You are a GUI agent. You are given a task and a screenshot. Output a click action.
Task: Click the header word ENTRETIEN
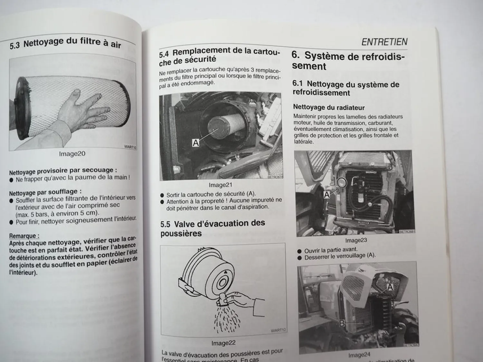tap(384, 42)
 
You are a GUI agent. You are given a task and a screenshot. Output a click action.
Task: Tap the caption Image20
tap(72, 154)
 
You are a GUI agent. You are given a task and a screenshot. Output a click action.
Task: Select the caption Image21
tap(220, 185)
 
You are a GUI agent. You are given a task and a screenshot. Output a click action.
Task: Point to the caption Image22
tap(223, 343)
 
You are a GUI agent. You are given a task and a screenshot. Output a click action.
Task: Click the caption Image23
tap(356, 240)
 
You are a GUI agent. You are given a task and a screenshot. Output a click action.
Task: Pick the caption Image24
tap(359, 355)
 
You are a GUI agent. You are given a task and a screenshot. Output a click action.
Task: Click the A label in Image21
tap(196, 143)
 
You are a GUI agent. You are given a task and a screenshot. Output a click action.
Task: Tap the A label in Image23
tap(327, 195)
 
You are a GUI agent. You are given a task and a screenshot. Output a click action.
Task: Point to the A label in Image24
tap(390, 287)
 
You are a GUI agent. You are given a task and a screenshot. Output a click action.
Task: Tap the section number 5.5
tap(166, 224)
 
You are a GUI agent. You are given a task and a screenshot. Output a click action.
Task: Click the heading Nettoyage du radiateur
tap(329, 107)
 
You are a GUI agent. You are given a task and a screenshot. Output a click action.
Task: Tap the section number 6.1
tap(297, 83)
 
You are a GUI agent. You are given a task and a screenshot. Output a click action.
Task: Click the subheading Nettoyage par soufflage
tap(45, 192)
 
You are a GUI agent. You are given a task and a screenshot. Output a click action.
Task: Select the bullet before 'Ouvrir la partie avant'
tap(299, 251)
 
